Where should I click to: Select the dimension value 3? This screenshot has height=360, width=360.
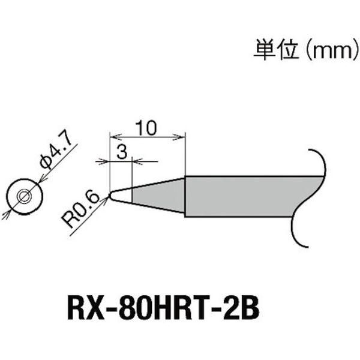point(122,152)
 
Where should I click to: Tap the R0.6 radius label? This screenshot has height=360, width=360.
point(80,211)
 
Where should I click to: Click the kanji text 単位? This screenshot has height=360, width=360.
point(276,49)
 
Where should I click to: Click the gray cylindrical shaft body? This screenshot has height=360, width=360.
point(250,196)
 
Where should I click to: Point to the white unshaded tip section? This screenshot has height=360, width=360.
point(122,196)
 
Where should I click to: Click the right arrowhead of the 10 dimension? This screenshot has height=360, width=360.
point(180,138)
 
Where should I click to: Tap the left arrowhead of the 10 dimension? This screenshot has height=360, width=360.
point(115,138)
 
